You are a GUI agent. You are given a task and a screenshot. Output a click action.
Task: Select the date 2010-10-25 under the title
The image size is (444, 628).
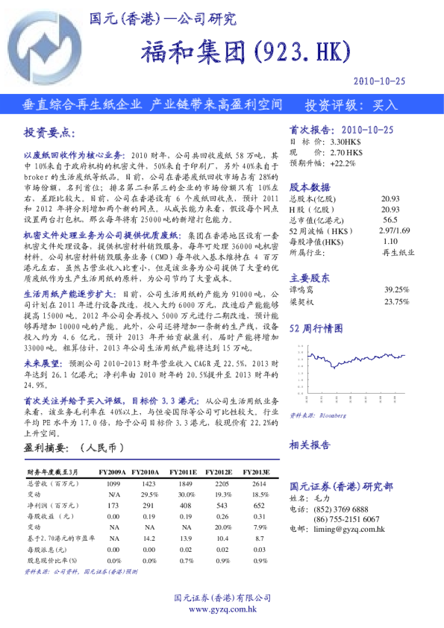[381, 80]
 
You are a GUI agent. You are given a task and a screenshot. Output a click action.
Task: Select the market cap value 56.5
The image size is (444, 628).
[390, 221]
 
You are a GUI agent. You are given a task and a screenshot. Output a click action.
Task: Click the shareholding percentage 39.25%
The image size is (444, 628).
[396, 289]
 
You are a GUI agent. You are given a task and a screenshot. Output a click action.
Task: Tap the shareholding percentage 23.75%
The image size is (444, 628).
[396, 301]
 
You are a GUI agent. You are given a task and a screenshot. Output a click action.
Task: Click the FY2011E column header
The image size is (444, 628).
[183, 473]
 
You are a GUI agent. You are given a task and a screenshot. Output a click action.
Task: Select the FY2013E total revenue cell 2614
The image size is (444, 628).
[260, 484]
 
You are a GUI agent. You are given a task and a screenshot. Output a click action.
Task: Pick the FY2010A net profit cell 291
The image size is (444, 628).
[150, 505]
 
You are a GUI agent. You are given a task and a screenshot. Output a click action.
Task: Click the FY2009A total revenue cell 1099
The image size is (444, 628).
[114, 484]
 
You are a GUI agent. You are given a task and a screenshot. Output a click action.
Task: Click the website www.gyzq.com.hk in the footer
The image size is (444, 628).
[222, 609]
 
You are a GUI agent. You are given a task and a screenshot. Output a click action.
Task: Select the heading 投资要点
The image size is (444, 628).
[49, 132]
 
